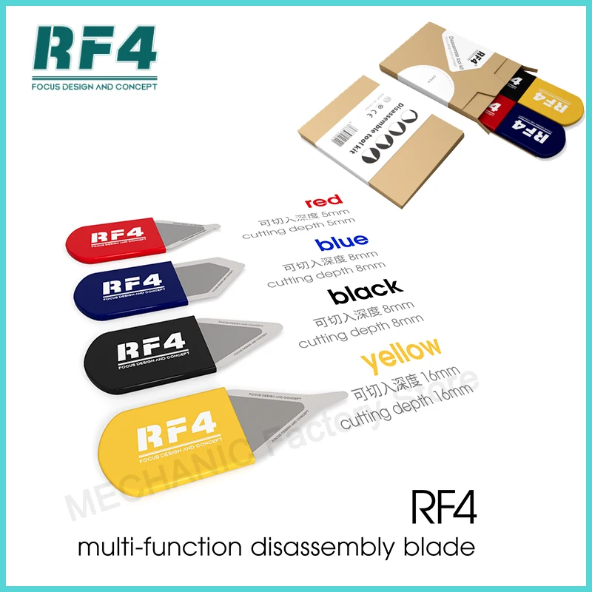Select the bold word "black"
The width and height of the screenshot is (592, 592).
tap(366, 291)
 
